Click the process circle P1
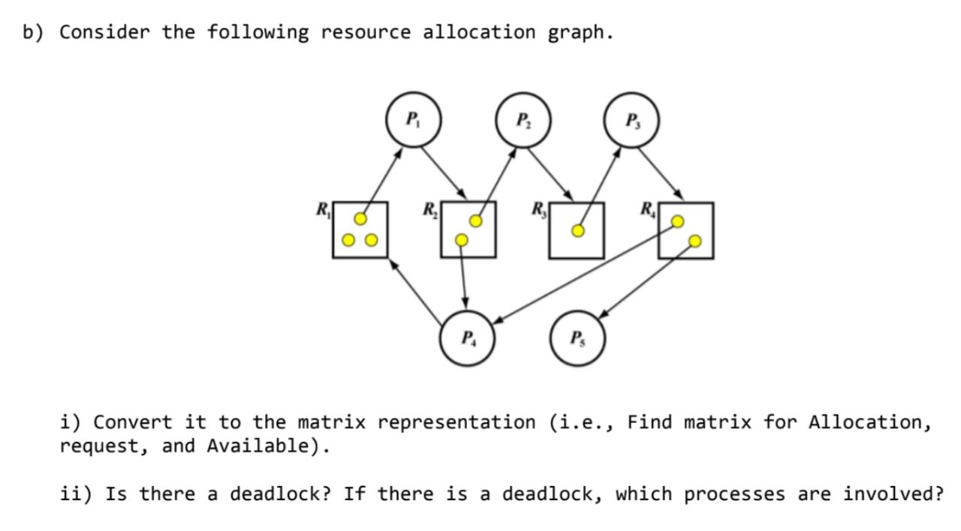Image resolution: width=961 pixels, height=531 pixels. (x=412, y=120)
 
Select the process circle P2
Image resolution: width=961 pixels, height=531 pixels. (x=523, y=121)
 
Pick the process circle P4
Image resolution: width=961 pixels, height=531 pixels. (x=468, y=338)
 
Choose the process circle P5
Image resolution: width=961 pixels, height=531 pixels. (x=577, y=338)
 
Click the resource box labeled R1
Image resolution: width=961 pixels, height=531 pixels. (x=360, y=229)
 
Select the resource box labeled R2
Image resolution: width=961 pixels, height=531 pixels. (x=468, y=229)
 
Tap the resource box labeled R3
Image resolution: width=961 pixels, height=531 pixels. (x=577, y=230)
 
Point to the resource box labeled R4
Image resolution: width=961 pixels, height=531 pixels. (x=685, y=230)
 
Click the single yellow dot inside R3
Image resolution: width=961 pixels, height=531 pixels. (x=577, y=230)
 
